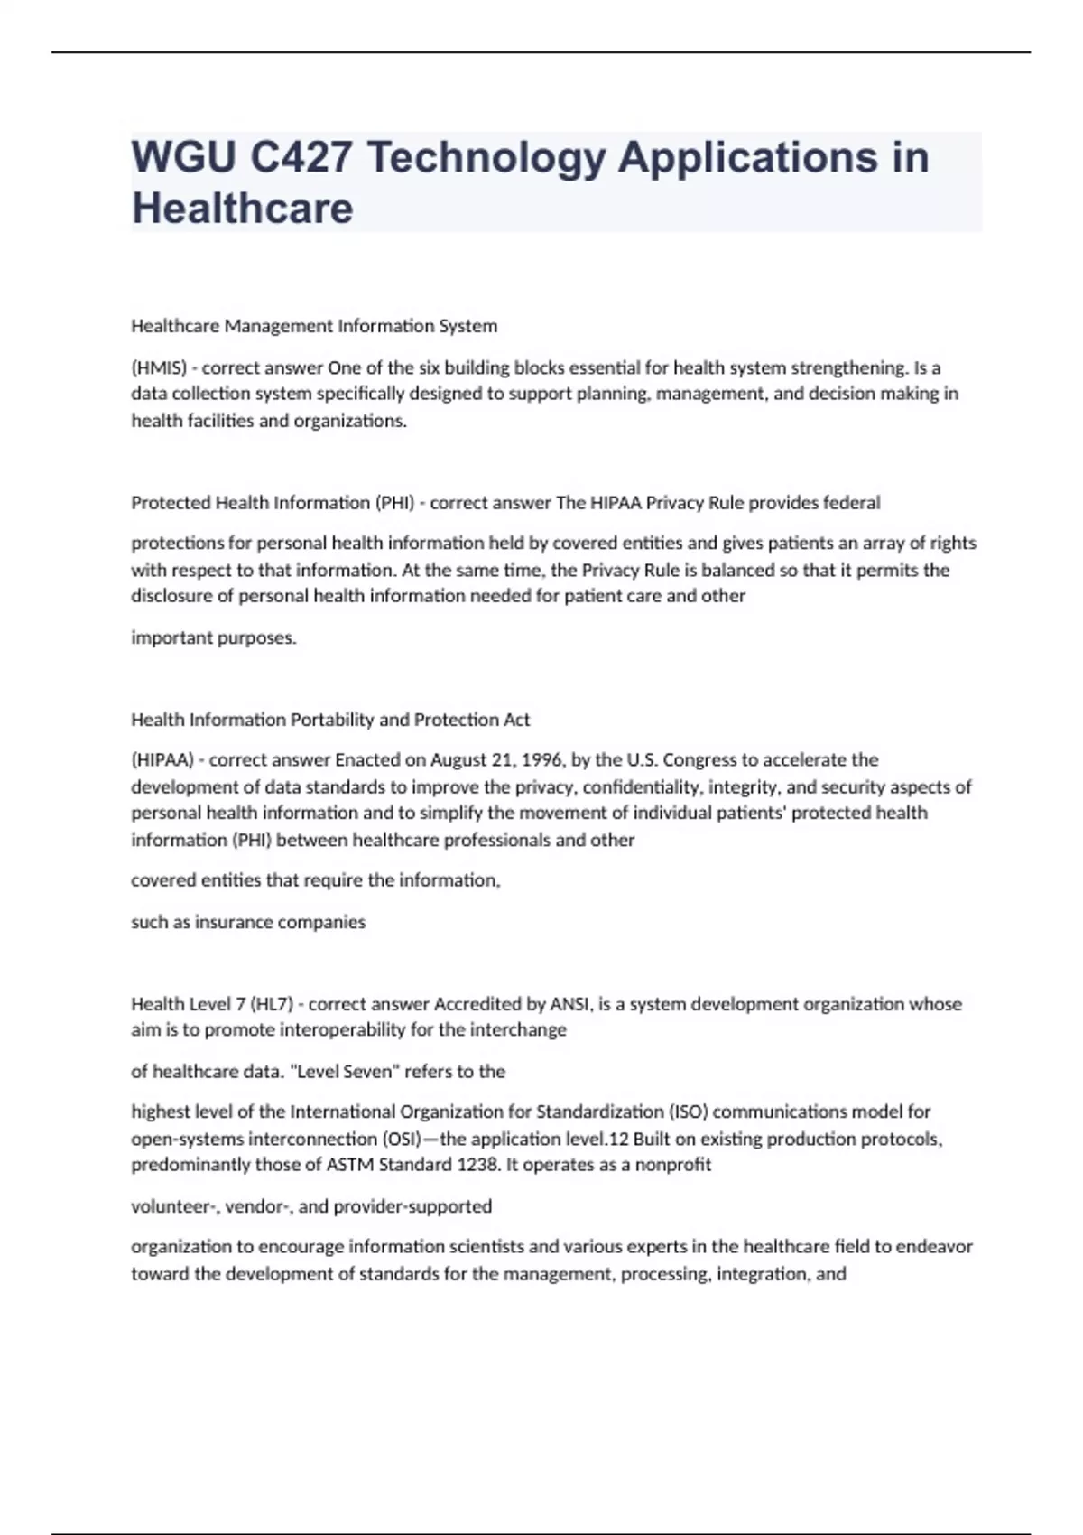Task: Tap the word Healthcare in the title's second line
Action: click(242, 209)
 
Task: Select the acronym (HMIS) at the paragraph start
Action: click(159, 367)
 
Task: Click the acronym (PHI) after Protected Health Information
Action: click(394, 503)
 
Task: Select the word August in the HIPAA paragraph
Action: click(458, 760)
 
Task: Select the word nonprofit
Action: click(672, 1165)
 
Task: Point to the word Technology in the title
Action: click(486, 157)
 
